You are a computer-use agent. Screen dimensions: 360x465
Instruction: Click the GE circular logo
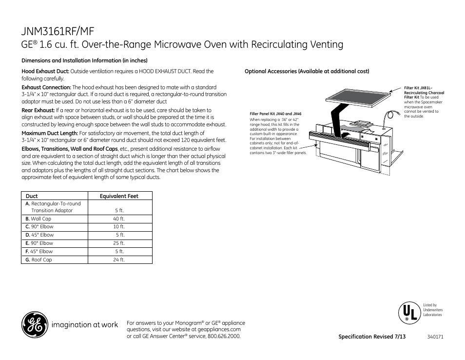(x=34, y=325)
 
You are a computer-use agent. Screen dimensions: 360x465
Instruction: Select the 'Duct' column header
(x=32, y=196)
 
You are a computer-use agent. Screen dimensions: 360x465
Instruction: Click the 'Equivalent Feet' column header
(x=119, y=196)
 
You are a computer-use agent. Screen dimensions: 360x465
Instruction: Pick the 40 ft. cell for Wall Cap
(x=119, y=219)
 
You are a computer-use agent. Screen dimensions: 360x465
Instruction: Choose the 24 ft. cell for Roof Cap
(x=119, y=260)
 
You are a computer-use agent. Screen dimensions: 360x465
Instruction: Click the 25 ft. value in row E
(x=119, y=243)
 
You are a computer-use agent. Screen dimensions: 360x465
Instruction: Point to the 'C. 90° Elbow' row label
(x=39, y=227)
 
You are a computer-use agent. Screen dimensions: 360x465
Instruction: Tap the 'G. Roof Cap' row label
(x=39, y=260)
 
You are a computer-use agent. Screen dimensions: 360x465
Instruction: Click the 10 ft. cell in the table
(x=119, y=227)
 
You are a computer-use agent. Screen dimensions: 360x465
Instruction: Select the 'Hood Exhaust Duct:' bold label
(x=45, y=71)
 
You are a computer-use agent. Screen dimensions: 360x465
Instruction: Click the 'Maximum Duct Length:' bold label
(x=50, y=133)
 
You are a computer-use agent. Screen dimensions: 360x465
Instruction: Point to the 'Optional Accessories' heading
(x=307, y=71)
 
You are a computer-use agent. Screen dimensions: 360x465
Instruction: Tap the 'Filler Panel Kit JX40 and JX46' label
(x=275, y=114)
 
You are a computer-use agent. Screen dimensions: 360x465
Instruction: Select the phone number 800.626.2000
(x=224, y=336)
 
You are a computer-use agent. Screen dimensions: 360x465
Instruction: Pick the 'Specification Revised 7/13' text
(x=372, y=337)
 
